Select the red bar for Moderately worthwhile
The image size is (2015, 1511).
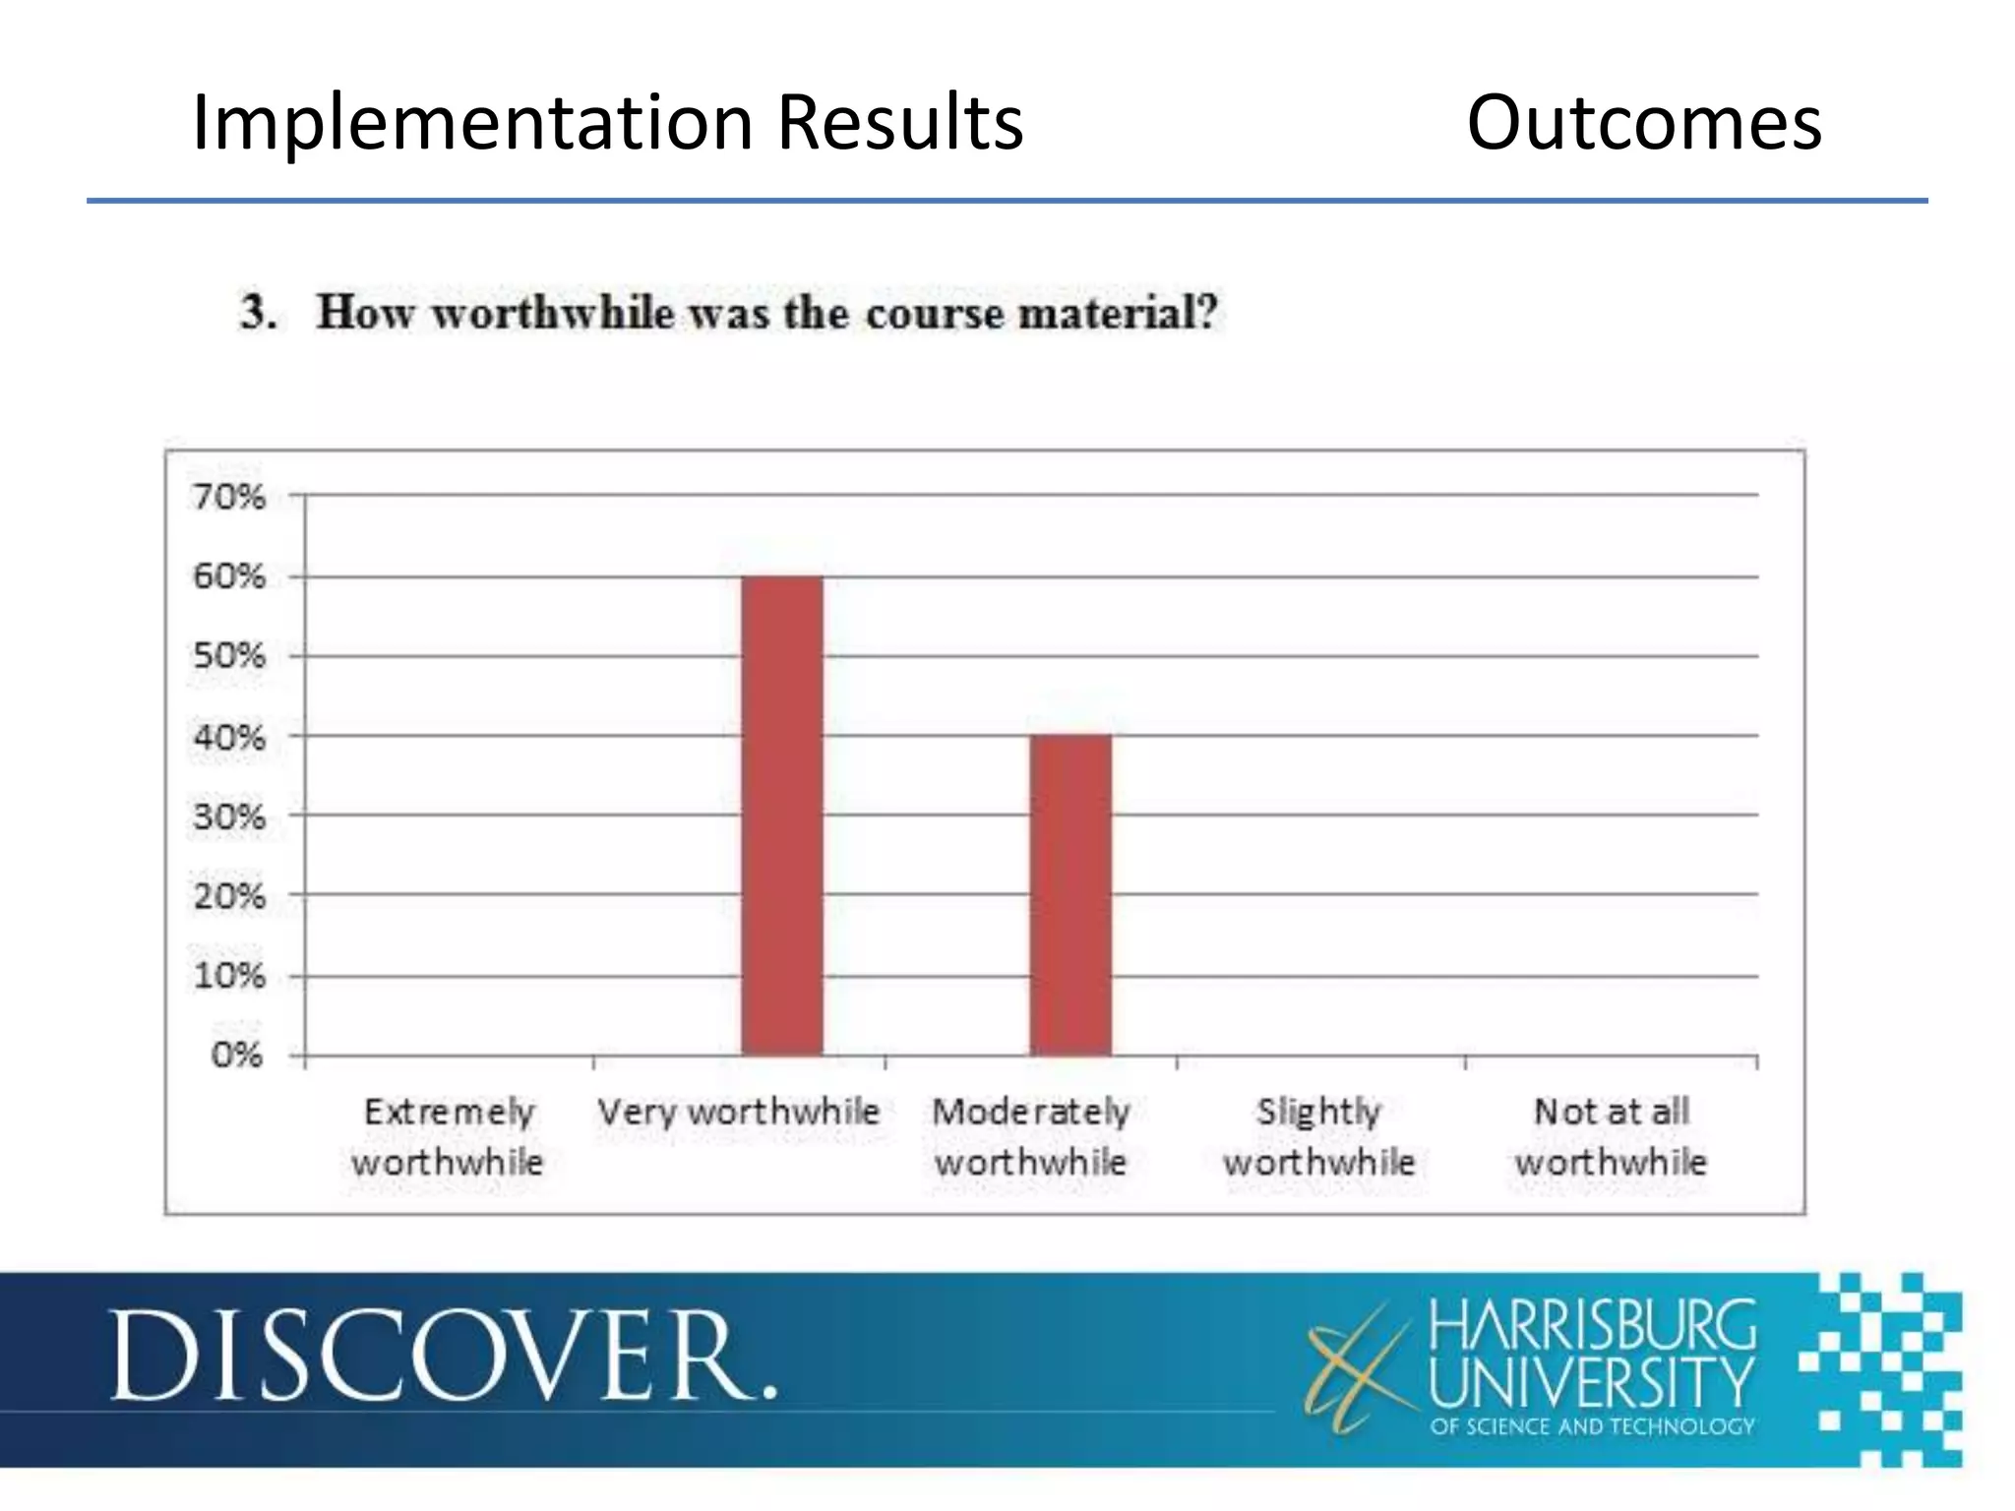click(x=1070, y=894)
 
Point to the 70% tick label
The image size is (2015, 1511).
click(x=229, y=497)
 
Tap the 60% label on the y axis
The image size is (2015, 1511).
click(x=229, y=576)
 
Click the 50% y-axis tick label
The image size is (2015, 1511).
click(x=229, y=656)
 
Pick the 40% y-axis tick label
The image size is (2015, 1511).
click(x=229, y=737)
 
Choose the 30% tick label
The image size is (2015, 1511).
click(x=229, y=816)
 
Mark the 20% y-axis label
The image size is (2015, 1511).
click(x=229, y=896)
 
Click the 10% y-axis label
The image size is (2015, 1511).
click(x=229, y=976)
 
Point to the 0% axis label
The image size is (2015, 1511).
click(x=237, y=1056)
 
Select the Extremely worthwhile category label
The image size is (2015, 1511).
click(x=448, y=1137)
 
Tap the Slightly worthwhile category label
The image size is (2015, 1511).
click(x=1318, y=1137)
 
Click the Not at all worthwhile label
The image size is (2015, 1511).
click(x=1611, y=1137)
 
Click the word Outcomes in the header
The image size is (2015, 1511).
click(x=1644, y=123)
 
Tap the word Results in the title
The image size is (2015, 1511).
click(x=900, y=123)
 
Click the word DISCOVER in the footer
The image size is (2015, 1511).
click(x=443, y=1356)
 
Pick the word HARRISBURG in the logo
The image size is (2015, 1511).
click(x=1592, y=1325)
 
